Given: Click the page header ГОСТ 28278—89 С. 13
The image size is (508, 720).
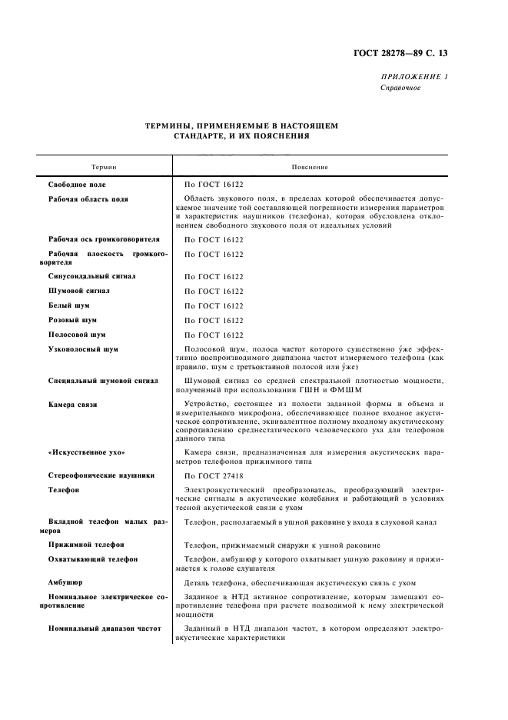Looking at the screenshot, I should pos(412,54).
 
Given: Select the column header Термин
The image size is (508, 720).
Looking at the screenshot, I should pos(105,167).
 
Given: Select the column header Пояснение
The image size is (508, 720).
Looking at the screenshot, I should pos(310,167).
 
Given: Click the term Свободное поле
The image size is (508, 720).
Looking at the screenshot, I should pos(77,185).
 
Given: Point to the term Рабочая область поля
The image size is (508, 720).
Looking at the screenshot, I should pos(88,199).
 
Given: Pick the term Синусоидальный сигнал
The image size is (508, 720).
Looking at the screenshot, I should pos(92,276).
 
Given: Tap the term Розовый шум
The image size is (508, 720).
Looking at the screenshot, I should pos(73,320).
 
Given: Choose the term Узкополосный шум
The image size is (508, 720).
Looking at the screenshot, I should pos(83,349).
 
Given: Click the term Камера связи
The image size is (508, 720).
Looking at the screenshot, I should pos(73,404).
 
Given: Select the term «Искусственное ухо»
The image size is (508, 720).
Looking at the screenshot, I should pos(86,452).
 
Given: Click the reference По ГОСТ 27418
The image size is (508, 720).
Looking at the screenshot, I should pos(214,475).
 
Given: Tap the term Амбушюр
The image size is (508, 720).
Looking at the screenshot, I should pos(66,582).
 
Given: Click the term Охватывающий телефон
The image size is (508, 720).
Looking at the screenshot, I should pos(93,559).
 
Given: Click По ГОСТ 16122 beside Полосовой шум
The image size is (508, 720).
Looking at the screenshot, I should pos(214,335).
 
